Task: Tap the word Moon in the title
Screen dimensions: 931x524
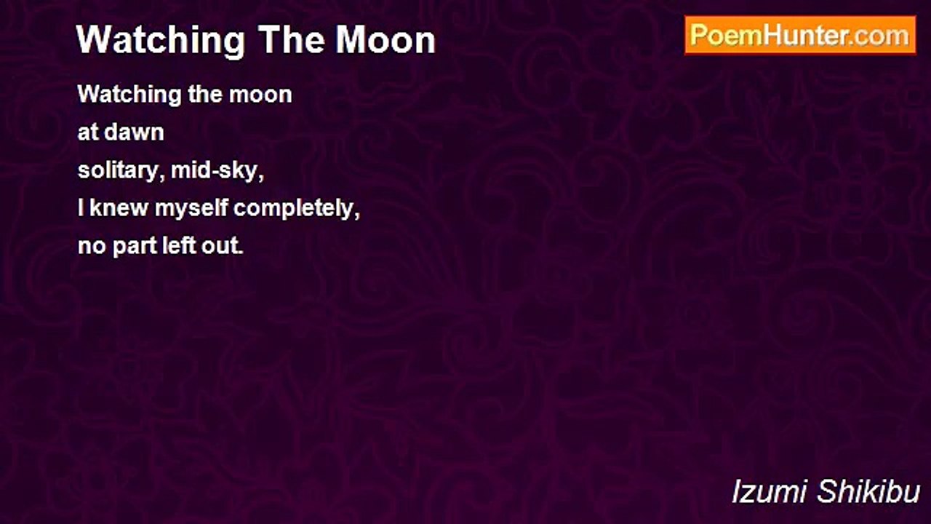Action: pos(385,40)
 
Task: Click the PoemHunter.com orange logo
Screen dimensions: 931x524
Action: pos(800,36)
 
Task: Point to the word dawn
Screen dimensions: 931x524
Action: pos(134,132)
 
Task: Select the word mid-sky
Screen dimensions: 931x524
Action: pos(217,170)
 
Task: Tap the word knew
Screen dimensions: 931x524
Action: pos(119,207)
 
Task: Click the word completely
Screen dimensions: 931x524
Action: pos(296,209)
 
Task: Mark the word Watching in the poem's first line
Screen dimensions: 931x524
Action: pos(129,95)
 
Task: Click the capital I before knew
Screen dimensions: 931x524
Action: pos(81,207)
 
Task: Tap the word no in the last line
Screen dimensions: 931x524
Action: pos(92,246)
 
